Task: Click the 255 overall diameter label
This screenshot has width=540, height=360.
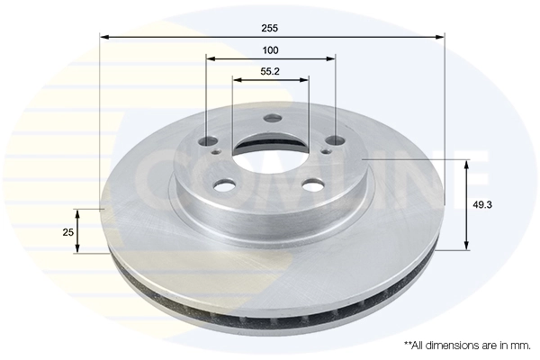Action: point(271,27)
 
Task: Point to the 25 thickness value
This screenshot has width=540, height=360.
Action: point(67,232)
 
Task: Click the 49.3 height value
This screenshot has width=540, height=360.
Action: point(482,205)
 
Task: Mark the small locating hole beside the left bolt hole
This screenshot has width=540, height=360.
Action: point(216,153)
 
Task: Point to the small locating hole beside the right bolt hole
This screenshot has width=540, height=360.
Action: point(324,152)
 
